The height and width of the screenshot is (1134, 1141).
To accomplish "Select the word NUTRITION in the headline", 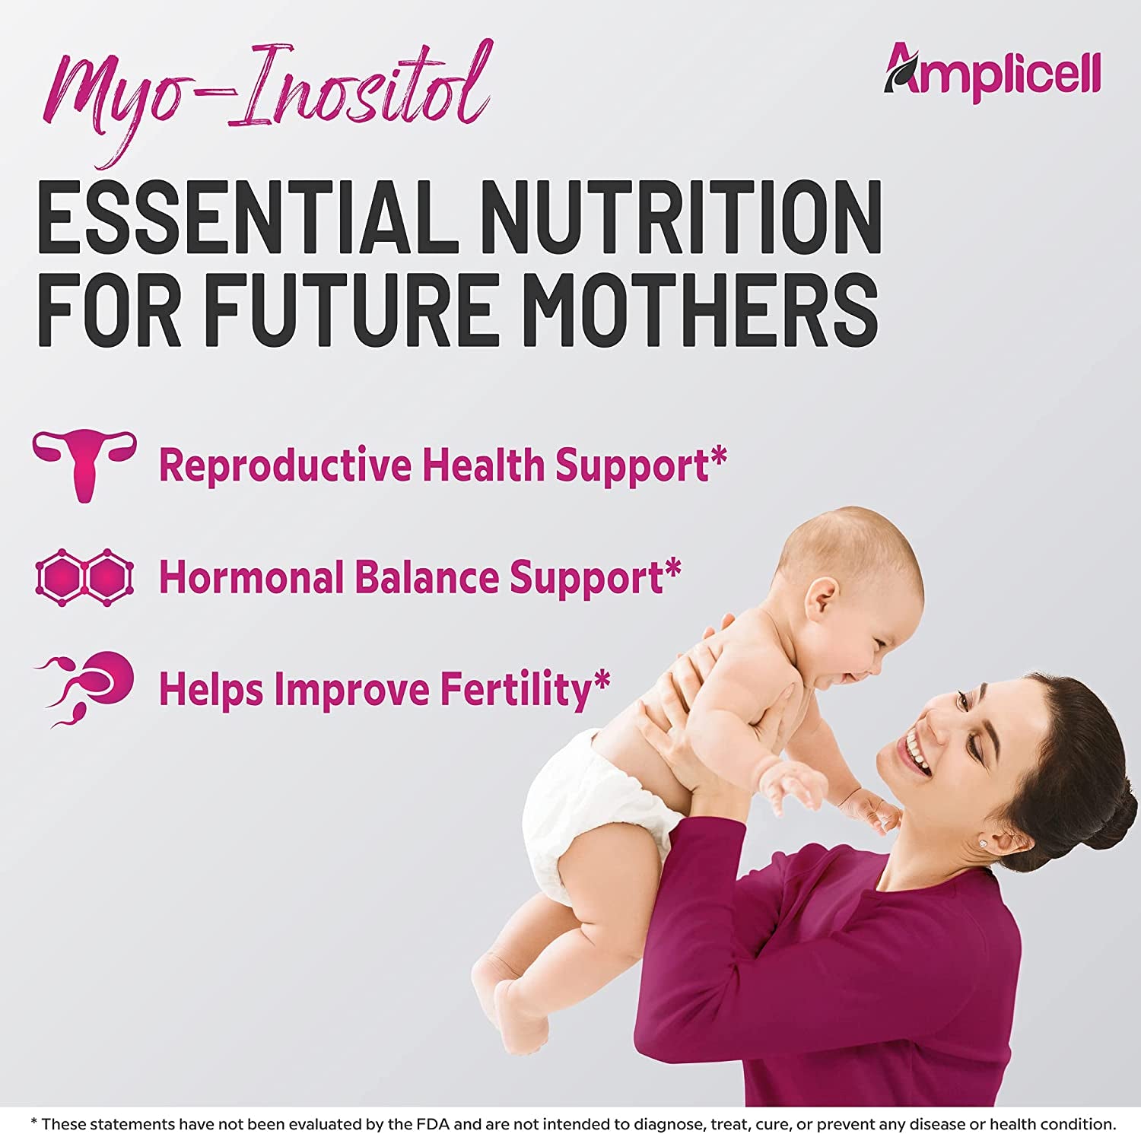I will point(681,218).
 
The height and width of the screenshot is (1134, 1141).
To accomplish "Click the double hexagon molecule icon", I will point(84,577).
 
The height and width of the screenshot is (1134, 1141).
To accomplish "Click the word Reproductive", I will point(284,465).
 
